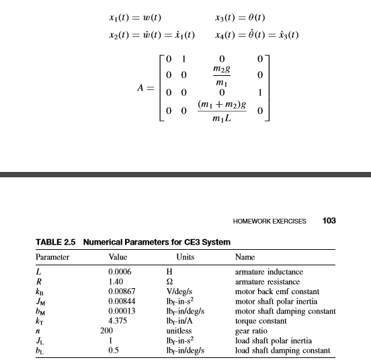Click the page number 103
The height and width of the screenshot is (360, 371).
pyautogui.click(x=329, y=220)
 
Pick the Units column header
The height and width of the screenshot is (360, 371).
pyautogui.click(x=185, y=257)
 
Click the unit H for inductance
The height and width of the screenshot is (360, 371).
pyautogui.click(x=169, y=271)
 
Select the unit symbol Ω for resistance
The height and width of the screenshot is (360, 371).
pyautogui.click(x=169, y=282)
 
